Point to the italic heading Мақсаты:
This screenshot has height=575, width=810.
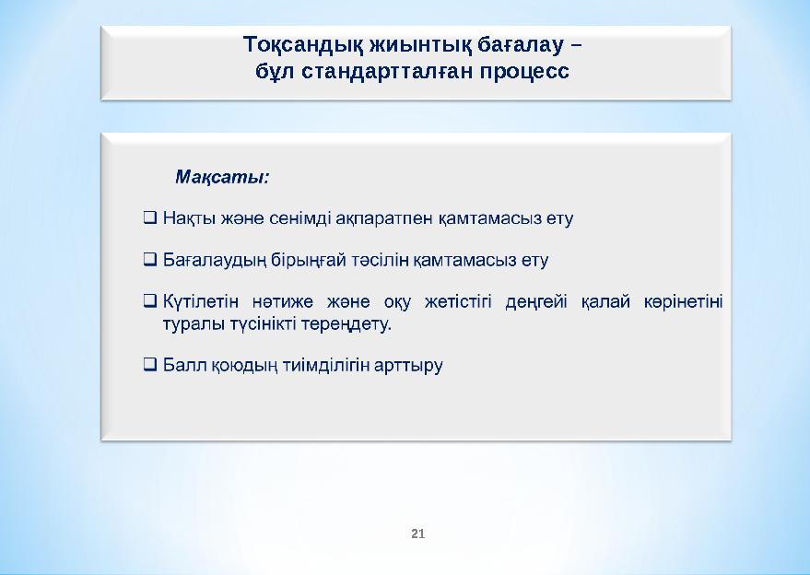[222, 175]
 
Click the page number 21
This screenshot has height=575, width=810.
[417, 534]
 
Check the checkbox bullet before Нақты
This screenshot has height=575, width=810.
[149, 219]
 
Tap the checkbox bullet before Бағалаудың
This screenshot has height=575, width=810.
[149, 260]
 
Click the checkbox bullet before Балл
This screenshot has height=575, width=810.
[149, 365]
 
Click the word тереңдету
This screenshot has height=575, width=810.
[345, 324]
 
